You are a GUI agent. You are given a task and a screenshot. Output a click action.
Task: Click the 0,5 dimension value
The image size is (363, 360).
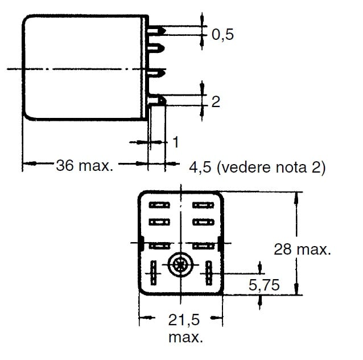point(222,35)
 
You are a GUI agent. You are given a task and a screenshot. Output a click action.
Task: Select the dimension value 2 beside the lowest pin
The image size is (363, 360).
point(216,103)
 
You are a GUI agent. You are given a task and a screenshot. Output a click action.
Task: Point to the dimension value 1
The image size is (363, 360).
point(176,141)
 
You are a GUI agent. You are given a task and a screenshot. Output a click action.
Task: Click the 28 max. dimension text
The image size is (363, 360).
point(302,249)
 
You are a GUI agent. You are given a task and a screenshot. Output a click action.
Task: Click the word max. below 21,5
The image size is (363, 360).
point(185,337)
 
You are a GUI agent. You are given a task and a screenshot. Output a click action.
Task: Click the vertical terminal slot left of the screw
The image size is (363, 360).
point(154,273)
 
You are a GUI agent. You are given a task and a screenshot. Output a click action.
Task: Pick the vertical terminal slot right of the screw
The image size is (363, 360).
point(209,273)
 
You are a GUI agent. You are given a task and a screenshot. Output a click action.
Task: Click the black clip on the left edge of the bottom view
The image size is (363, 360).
point(141,243)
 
